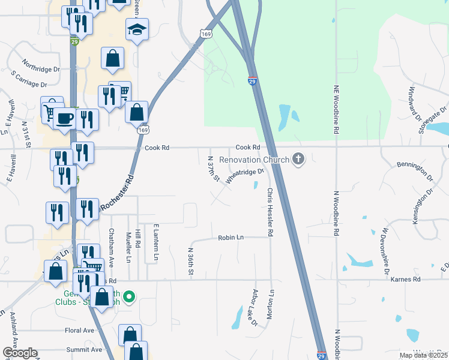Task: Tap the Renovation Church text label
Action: coord(255,160)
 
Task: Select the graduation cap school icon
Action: coord(137,29)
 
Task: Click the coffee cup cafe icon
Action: coord(64,118)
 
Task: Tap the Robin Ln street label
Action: coord(231,238)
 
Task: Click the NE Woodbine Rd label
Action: coord(337,109)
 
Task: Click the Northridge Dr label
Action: coord(40,65)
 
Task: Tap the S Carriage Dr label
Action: coord(29,79)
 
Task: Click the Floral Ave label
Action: coord(80,331)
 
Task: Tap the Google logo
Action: coord(19,353)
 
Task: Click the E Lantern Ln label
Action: coord(155,242)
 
